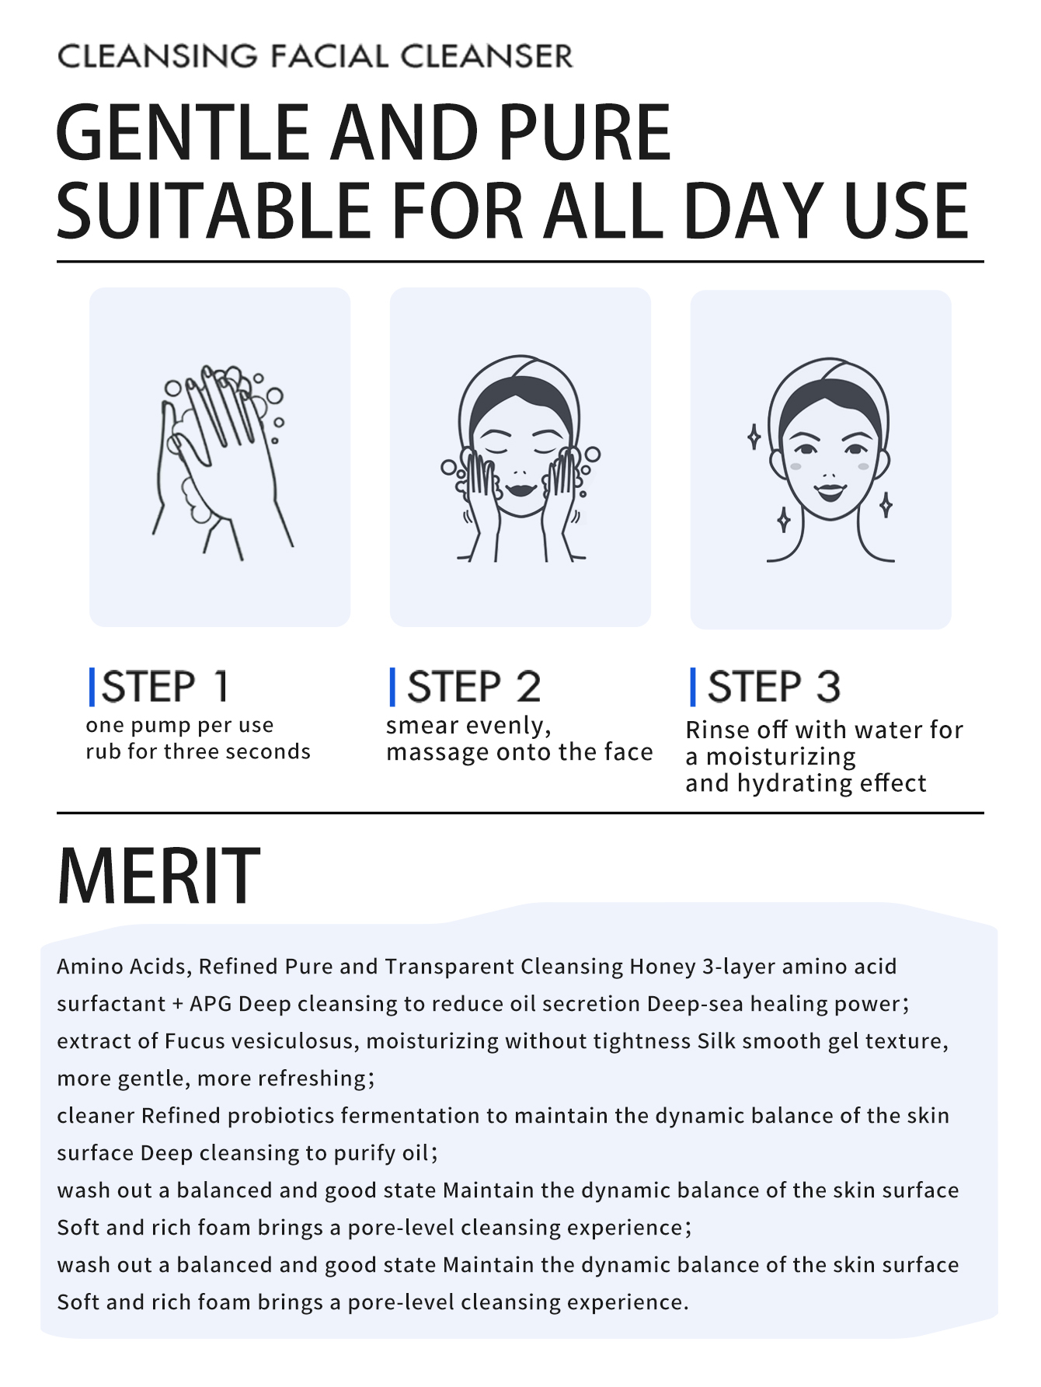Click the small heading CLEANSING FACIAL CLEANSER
(315, 56)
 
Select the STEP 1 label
(165, 687)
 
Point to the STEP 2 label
(474, 687)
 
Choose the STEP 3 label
(775, 687)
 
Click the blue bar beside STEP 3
(693, 687)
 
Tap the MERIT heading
(158, 876)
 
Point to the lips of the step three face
(830, 492)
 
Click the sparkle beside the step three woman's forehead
(754, 437)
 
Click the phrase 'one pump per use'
(179, 725)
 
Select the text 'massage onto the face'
(520, 752)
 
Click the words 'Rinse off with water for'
(824, 730)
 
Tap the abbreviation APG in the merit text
(211, 1004)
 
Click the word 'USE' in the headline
(906, 211)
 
